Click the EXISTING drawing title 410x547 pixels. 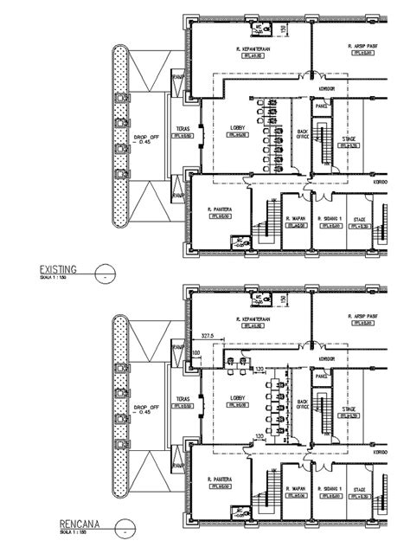click(57, 269)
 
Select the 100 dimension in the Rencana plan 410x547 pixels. click(195, 353)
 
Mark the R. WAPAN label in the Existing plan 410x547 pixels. click(298, 220)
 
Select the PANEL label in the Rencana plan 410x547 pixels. click(320, 376)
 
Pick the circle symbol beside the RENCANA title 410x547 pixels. click(128, 526)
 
